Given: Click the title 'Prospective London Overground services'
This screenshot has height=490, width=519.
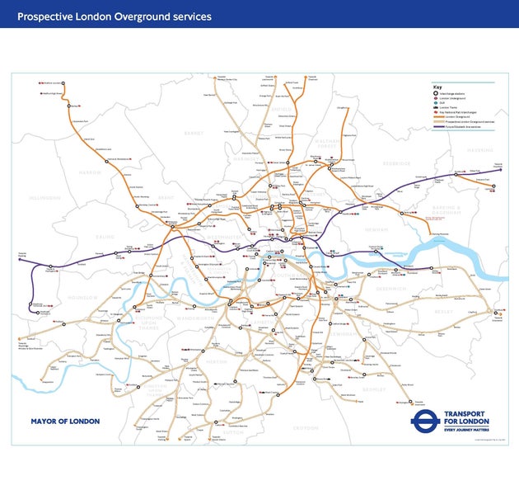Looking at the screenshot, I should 115,16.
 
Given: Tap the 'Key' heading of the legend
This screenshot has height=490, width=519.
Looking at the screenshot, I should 437,87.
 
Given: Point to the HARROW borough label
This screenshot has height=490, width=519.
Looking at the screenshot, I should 89,172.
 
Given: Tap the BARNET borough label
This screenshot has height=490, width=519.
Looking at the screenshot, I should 194,132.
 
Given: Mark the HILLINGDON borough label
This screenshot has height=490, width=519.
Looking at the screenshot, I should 44,198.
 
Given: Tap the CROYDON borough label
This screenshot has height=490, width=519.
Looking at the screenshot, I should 305,427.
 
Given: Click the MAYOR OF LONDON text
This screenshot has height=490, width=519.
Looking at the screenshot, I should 65,422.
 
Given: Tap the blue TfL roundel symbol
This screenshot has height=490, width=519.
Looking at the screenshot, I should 423,421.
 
